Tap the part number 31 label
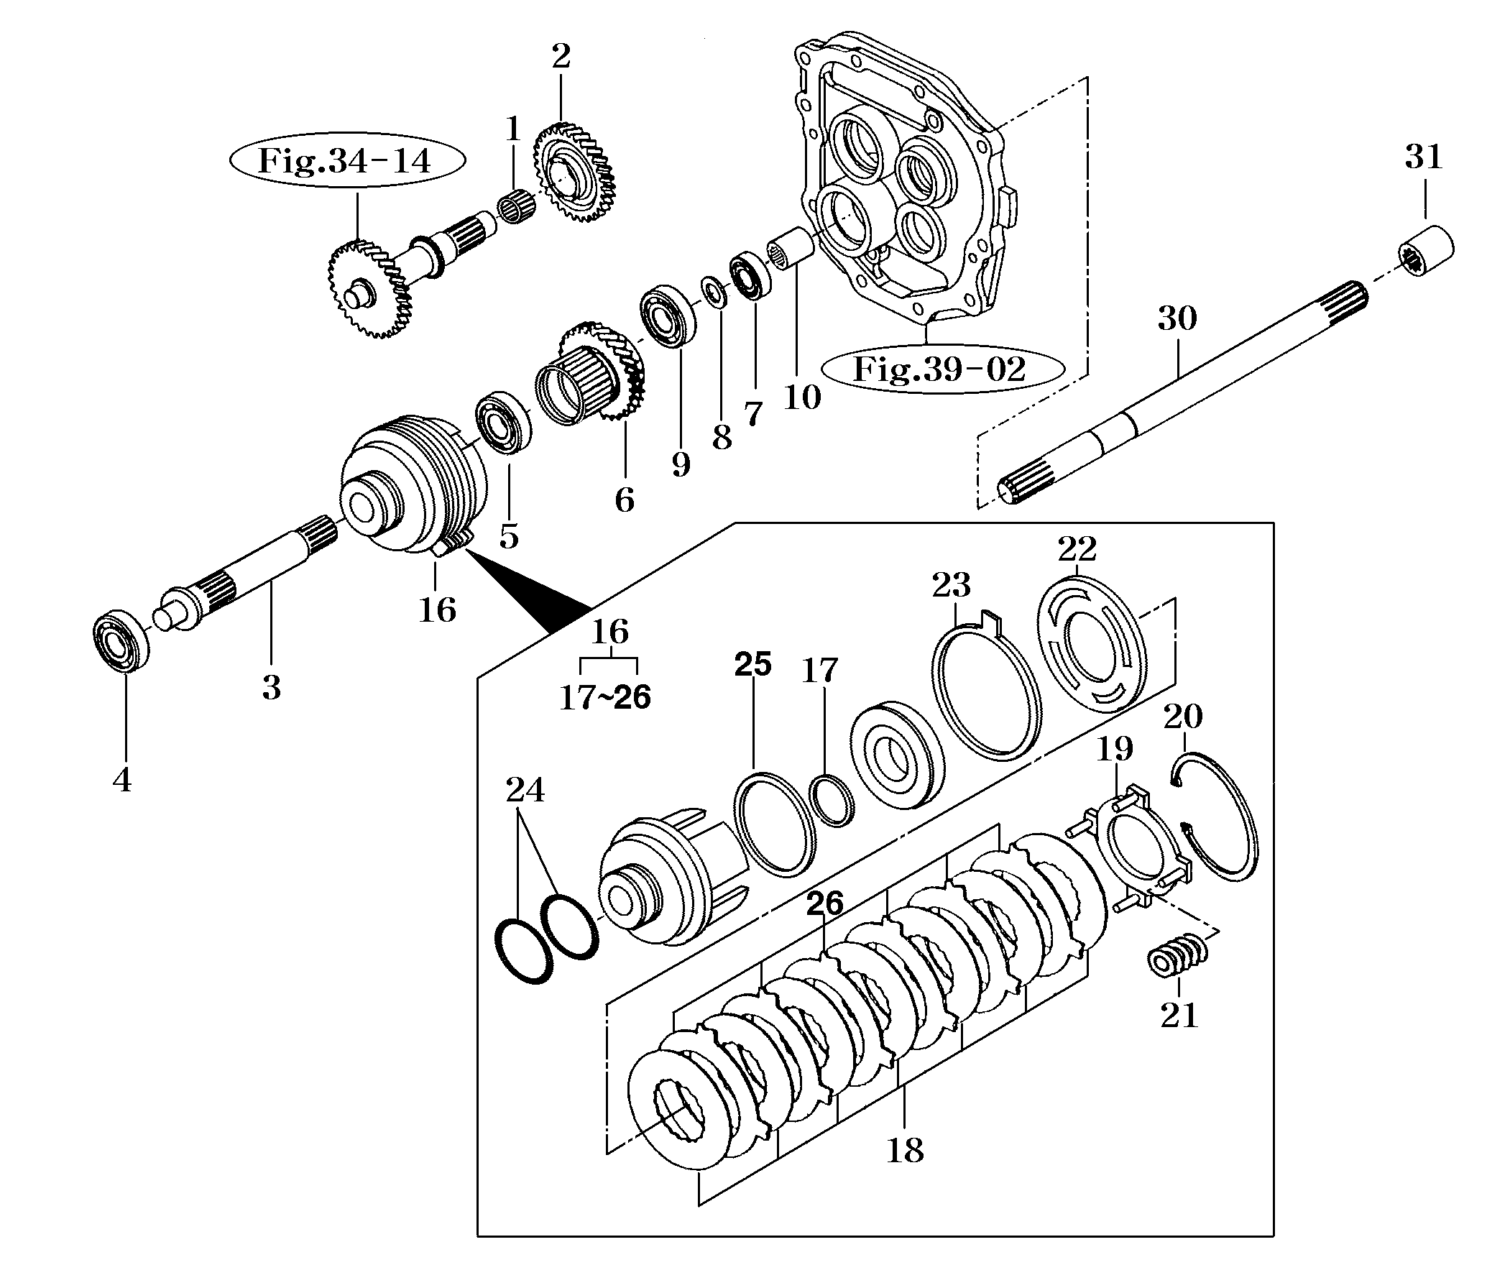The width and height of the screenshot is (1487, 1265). click(x=1424, y=157)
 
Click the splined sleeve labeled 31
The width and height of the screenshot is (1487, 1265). click(x=1427, y=257)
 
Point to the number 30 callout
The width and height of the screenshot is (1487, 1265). click(x=1177, y=318)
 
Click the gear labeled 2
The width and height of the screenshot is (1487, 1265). click(x=574, y=174)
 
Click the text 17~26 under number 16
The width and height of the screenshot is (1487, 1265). click(x=605, y=696)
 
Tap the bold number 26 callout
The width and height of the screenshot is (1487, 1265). click(x=824, y=904)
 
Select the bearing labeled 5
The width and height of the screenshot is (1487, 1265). click(x=505, y=425)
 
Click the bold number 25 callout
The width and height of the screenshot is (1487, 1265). click(x=752, y=664)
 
